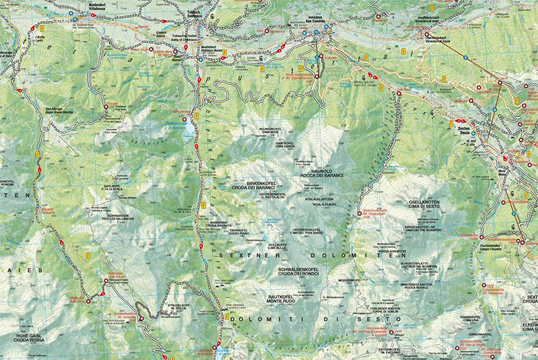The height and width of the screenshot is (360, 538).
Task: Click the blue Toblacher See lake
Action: pos(191,129)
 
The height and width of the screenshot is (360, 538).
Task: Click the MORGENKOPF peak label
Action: pos(351,276)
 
